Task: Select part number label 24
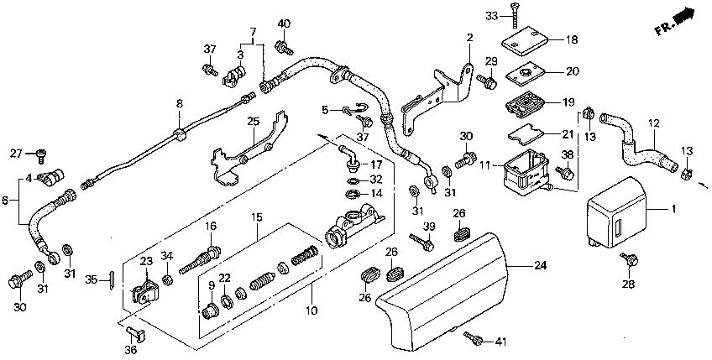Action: (541, 264)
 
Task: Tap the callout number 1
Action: (674, 209)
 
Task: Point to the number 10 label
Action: (311, 310)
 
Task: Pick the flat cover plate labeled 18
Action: (526, 39)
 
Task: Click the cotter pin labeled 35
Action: (111, 279)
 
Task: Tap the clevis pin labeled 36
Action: (136, 333)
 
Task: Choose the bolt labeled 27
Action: (41, 155)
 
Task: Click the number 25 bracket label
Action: (254, 121)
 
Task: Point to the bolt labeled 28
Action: (631, 259)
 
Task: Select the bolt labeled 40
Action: (283, 47)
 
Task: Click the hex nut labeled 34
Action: (168, 279)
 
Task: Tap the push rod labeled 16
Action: (200, 259)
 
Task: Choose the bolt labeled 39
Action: (421, 243)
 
